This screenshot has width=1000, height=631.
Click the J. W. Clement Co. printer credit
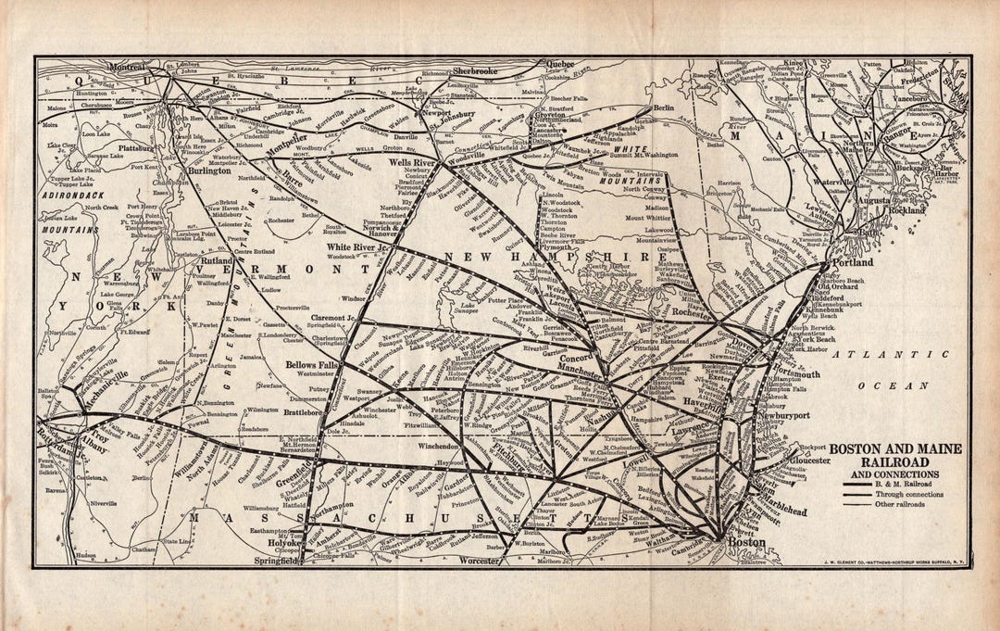[894, 561]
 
